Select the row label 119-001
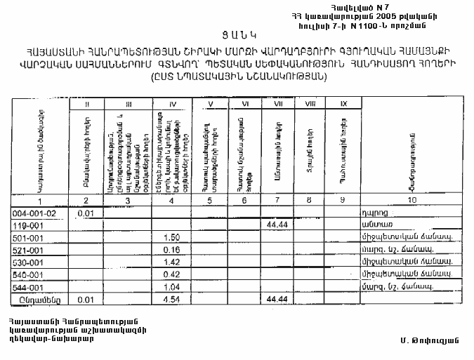pos(29,225)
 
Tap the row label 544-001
pos(29,288)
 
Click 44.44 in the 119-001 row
pos(278,225)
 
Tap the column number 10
pos(409,201)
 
